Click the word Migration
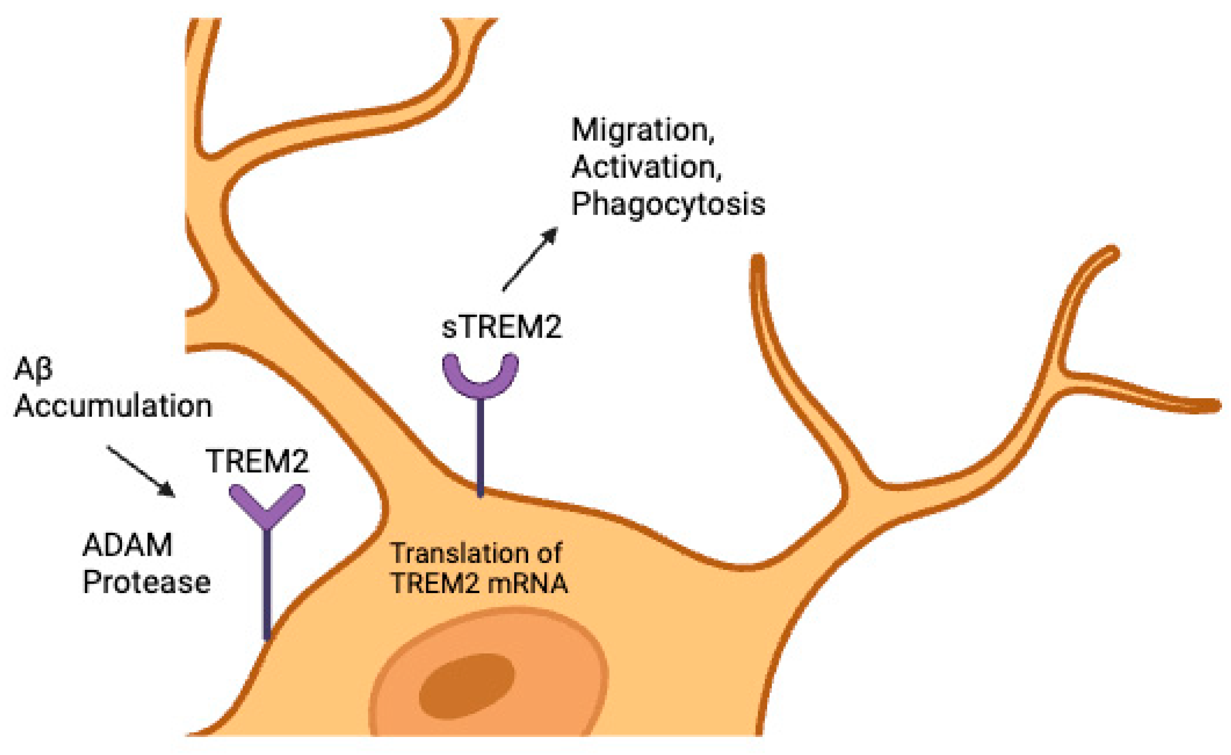pyautogui.click(x=643, y=131)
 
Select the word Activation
pyautogui.click(x=646, y=167)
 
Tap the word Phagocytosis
pyautogui.click(x=668, y=204)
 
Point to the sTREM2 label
pyautogui.click(x=502, y=328)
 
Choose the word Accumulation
pyautogui.click(x=113, y=406)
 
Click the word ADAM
pyautogui.click(x=128, y=545)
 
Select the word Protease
pyautogui.click(x=146, y=582)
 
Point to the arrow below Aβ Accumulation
pyautogui.click(x=141, y=472)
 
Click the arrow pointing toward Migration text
pyautogui.click(x=530, y=259)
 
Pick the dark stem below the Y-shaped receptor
pyautogui.click(x=267, y=585)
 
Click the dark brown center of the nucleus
pyautogui.click(x=466, y=687)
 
